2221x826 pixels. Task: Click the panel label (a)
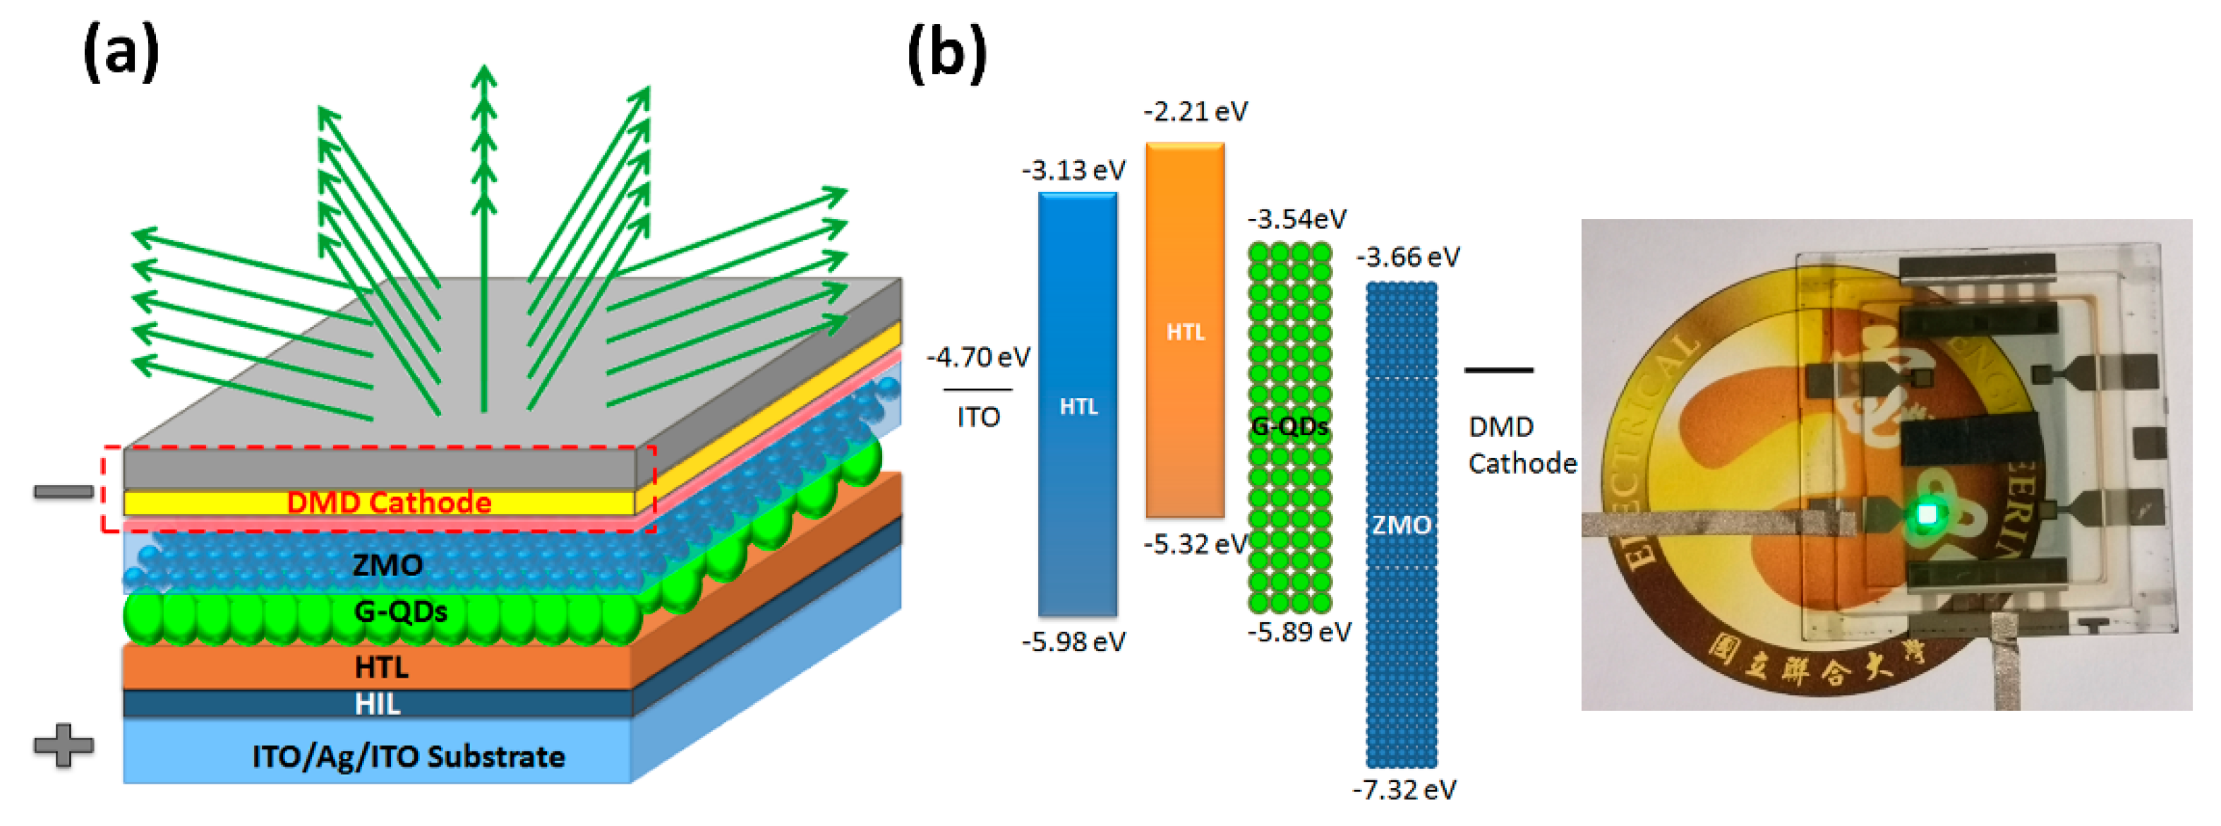(x=121, y=52)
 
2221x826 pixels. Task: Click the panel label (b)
(x=946, y=54)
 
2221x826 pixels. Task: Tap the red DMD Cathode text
(x=389, y=503)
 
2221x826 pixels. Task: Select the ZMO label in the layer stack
(x=388, y=565)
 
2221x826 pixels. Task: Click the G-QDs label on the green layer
(x=401, y=612)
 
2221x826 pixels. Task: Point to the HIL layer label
(x=378, y=705)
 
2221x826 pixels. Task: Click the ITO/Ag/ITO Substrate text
(x=409, y=757)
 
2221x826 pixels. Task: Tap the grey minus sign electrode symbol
(x=63, y=491)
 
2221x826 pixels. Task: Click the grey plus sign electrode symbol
(x=63, y=745)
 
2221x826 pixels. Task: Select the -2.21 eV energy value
(x=1195, y=112)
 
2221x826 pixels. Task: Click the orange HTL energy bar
(x=1185, y=331)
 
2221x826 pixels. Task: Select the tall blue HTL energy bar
(x=1078, y=405)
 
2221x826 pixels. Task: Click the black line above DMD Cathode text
(x=1498, y=370)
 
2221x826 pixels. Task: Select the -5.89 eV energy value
(x=1299, y=632)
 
